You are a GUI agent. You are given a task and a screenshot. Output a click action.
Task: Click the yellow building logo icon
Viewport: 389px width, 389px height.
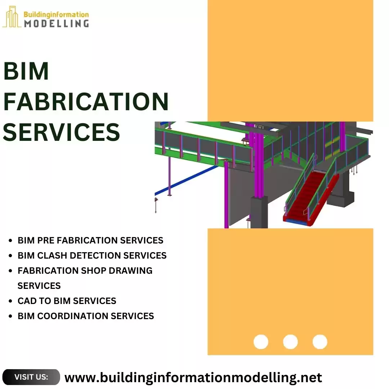click(x=12, y=17)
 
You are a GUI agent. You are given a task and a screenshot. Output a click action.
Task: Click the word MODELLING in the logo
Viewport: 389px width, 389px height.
click(x=56, y=23)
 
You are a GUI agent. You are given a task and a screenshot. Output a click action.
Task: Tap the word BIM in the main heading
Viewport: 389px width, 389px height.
click(x=26, y=71)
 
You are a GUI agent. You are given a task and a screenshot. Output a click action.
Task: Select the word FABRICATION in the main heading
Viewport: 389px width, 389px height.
click(x=86, y=102)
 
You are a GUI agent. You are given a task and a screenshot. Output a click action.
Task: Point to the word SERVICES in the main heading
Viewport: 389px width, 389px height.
click(x=61, y=132)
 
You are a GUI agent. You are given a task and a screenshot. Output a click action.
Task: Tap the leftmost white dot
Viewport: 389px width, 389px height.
click(x=261, y=342)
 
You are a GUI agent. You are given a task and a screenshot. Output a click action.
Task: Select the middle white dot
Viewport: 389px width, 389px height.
click(x=290, y=342)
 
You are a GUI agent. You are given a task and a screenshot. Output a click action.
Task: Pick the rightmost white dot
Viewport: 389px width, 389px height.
click(x=320, y=342)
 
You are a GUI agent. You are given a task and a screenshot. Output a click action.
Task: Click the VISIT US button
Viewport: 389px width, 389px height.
click(x=31, y=377)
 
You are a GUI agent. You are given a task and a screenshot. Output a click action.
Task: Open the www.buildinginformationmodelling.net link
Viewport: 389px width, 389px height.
click(x=193, y=377)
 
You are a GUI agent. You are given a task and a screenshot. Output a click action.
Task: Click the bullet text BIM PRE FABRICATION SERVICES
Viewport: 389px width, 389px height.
click(x=90, y=240)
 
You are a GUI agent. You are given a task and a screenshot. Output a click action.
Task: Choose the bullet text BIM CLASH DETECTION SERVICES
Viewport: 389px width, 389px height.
click(x=92, y=255)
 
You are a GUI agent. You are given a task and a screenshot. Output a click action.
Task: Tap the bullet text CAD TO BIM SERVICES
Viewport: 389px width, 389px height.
click(x=67, y=301)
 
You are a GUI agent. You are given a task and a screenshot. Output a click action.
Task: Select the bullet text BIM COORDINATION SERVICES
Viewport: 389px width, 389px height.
click(x=86, y=316)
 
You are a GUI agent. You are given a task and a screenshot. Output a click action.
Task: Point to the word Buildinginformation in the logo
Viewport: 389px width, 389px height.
click(x=56, y=14)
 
